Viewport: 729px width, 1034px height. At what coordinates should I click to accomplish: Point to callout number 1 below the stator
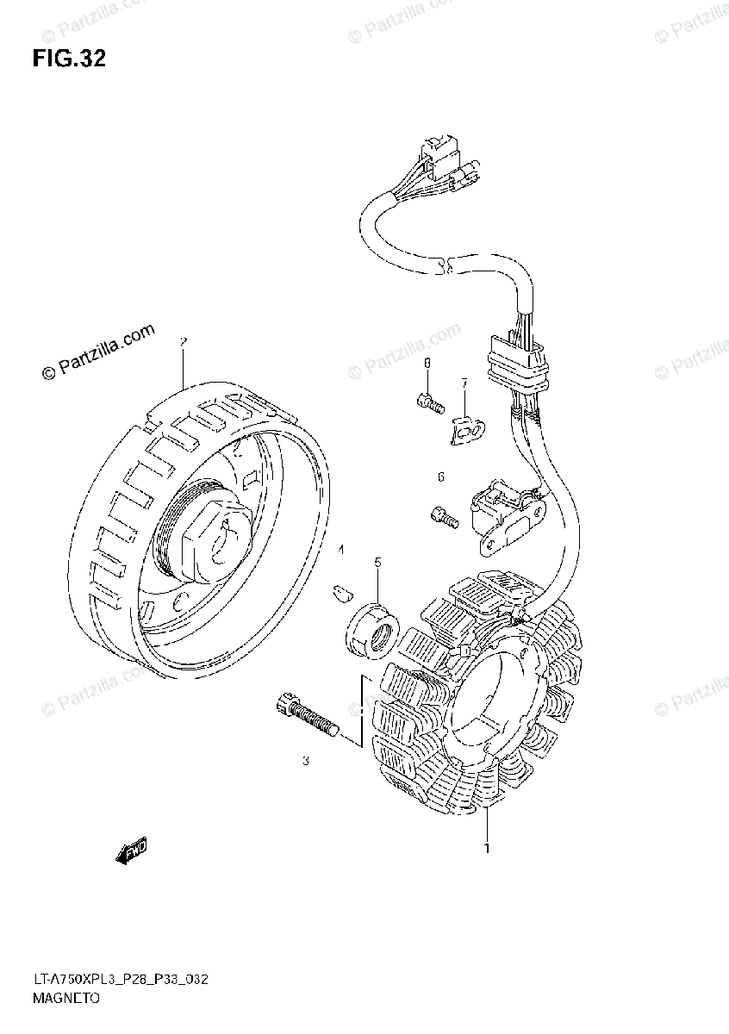pyautogui.click(x=487, y=848)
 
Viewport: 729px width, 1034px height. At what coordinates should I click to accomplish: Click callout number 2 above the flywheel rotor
pyautogui.click(x=183, y=342)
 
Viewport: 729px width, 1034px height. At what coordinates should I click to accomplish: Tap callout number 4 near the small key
pyautogui.click(x=340, y=549)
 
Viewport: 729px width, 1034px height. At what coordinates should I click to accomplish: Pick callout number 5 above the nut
pyautogui.click(x=377, y=563)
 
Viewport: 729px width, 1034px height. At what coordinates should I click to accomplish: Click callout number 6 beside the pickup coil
pyautogui.click(x=440, y=477)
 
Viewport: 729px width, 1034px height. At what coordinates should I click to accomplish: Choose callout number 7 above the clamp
pyautogui.click(x=463, y=383)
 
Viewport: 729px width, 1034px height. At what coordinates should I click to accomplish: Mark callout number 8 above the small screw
pyautogui.click(x=426, y=366)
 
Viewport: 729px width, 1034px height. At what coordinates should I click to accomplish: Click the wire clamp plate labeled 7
pyautogui.click(x=466, y=427)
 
